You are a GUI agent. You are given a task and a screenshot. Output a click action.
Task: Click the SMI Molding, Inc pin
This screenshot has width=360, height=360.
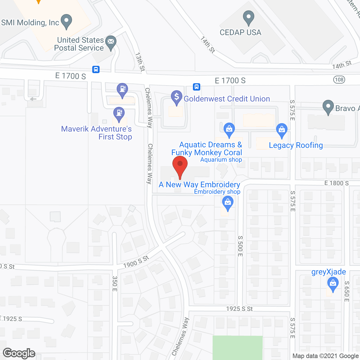pyautogui.click(x=66, y=21)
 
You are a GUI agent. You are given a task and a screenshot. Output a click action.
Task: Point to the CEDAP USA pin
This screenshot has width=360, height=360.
pyautogui.click(x=248, y=18)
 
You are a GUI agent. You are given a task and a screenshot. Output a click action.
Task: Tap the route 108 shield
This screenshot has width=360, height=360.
pyautogui.click(x=339, y=80)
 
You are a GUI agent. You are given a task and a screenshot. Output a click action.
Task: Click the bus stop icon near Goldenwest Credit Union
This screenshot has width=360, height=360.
pyautogui.click(x=197, y=87)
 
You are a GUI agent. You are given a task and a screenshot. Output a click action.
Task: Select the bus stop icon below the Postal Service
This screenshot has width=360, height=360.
pyautogui.click(x=96, y=69)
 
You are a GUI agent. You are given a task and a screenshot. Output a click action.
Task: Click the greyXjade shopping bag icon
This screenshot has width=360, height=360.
pyautogui.click(x=333, y=284)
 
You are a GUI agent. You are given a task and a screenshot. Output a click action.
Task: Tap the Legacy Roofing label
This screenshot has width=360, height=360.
pyautogui.click(x=296, y=145)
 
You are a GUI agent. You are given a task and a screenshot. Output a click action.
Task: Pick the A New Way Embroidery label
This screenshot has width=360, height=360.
pyautogui.click(x=199, y=185)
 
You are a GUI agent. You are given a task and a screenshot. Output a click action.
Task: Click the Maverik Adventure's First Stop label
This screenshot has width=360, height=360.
pyautogui.click(x=96, y=133)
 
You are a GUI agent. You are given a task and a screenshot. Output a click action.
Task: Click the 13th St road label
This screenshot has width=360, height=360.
pyautogui.click(x=140, y=62)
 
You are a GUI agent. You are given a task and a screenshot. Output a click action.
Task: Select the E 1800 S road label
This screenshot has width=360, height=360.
pyautogui.click(x=336, y=183)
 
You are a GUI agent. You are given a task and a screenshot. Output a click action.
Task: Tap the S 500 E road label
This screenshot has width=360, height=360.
pyautogui.click(x=240, y=246)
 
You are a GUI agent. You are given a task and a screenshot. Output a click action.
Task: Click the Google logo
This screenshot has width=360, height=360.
pyautogui.click(x=19, y=353)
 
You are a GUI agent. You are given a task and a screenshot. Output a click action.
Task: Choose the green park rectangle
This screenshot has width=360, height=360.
pyautogui.click(x=238, y=348)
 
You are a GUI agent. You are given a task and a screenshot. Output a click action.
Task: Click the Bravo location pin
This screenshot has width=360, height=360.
pyautogui.click(x=328, y=107)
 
